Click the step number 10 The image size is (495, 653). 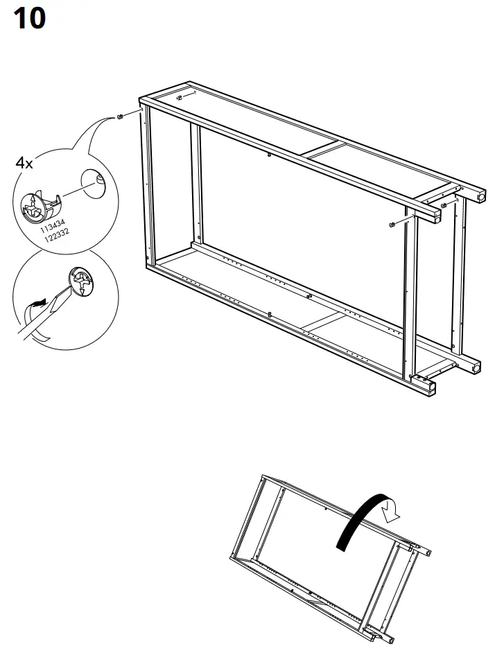point(29,19)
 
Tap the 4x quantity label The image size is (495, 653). point(24,164)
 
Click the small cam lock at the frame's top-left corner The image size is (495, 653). point(119,116)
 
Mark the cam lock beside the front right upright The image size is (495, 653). point(392,224)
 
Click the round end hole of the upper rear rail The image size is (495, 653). point(480,197)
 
